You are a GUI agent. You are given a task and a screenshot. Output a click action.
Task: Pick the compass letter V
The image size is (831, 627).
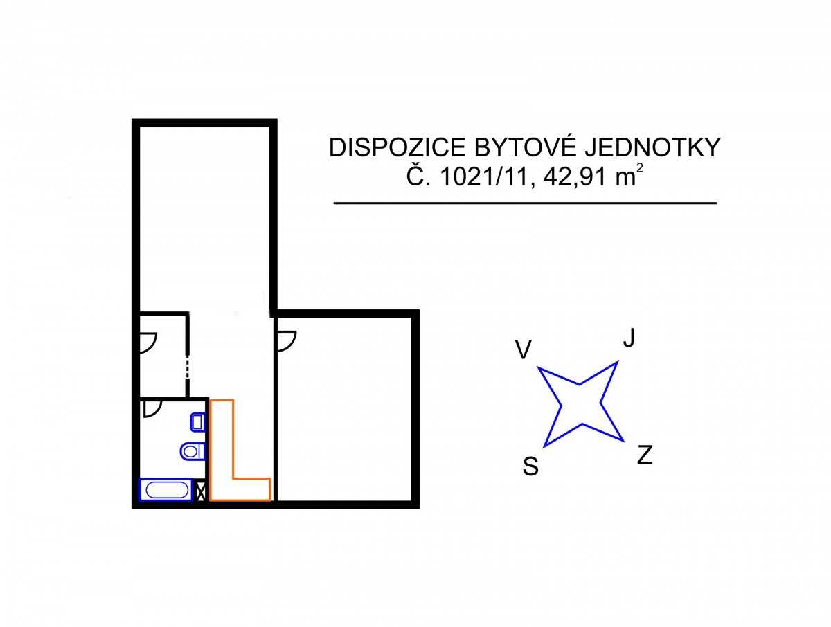point(524,350)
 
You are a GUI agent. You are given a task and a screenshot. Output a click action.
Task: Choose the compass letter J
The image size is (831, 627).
point(629,338)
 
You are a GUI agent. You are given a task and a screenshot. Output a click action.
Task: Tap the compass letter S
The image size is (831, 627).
point(531,468)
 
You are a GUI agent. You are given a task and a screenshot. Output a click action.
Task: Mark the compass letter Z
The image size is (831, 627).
point(645,455)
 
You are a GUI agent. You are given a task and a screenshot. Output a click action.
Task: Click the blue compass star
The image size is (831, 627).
point(580,403)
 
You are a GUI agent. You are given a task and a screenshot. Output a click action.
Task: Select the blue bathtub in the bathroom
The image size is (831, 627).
point(166,490)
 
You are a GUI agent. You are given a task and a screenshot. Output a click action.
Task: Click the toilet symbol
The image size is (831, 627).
point(193,451)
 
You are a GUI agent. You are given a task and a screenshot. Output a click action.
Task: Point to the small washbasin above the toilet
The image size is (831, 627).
point(197,421)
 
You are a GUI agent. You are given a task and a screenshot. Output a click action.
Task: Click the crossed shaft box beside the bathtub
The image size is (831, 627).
point(202,491)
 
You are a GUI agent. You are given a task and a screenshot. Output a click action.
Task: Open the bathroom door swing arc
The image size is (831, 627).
point(151,409)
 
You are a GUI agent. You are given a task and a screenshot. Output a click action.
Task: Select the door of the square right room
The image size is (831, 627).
point(285,339)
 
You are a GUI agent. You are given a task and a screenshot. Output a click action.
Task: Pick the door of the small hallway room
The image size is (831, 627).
point(148,340)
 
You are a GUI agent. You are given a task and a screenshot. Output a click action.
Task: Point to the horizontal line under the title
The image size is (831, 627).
point(524,203)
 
